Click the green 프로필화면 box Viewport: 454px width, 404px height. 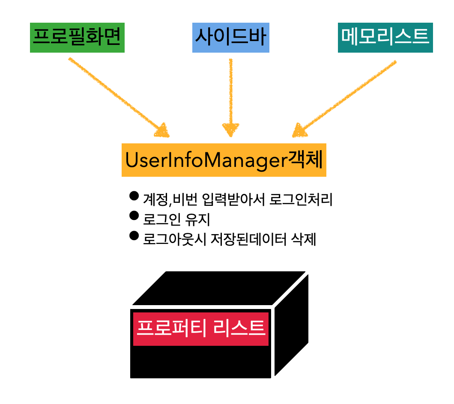77,37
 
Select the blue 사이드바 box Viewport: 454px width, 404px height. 230,37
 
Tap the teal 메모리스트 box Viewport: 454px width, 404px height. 385,37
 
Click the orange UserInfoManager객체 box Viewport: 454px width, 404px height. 224,160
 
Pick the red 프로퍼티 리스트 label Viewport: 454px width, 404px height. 201,329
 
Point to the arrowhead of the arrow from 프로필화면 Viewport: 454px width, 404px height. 162,131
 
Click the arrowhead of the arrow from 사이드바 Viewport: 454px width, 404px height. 230,129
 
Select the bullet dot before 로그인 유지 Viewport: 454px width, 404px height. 134,216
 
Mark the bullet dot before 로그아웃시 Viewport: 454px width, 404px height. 134,235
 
